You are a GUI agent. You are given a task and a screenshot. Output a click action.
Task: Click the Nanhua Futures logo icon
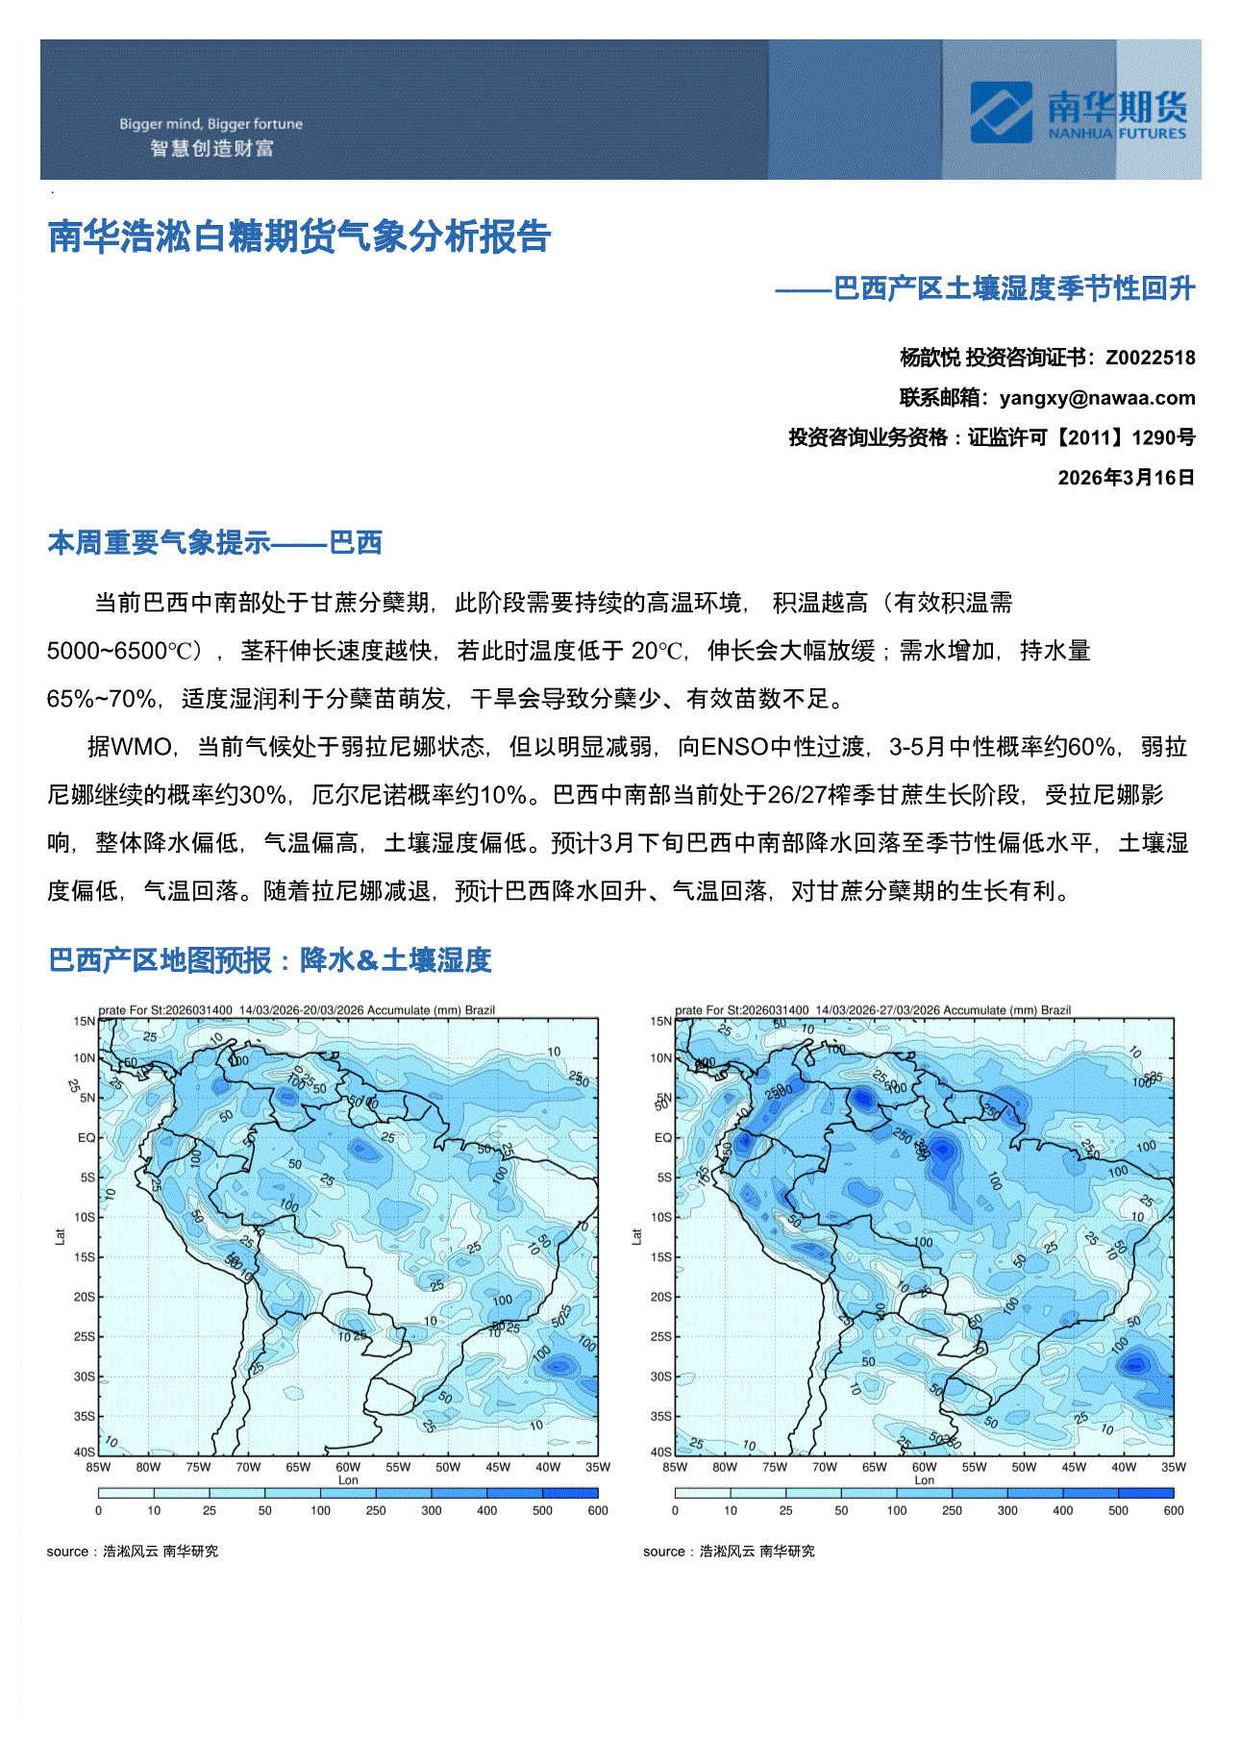tap(1001, 112)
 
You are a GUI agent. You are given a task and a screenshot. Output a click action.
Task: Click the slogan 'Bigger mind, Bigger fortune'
tap(211, 124)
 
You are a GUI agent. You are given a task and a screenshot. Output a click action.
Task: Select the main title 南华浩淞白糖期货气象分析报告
tap(299, 236)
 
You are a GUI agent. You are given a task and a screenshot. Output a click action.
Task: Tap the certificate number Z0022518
tap(1150, 358)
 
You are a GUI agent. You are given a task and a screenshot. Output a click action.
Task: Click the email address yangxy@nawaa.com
tap(1097, 398)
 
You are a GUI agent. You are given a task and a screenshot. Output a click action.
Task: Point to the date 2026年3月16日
tap(1126, 478)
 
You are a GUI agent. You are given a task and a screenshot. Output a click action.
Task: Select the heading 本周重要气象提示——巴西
tap(215, 543)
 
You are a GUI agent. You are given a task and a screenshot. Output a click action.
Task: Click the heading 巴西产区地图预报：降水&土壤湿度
tap(270, 959)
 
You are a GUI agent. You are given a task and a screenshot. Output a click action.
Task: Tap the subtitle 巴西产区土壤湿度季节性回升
tap(1013, 288)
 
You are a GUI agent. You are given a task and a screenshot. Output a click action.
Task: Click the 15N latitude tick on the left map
tap(85, 1021)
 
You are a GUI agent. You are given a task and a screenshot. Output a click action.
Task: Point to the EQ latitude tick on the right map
tap(662, 1137)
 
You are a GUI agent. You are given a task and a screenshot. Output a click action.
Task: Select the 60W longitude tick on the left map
tap(348, 1467)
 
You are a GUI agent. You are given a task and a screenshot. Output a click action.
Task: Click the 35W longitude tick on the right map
tap(1173, 1467)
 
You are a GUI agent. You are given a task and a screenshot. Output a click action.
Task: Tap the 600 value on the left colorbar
tap(597, 1510)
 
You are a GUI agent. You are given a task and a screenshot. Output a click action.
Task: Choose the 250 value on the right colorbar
tap(952, 1510)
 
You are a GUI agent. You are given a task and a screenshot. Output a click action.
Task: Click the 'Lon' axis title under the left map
tap(348, 1480)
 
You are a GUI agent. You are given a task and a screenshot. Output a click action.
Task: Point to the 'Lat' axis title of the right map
tap(636, 1236)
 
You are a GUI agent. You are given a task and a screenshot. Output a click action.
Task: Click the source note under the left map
tap(133, 1551)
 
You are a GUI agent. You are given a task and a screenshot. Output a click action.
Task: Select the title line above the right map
tap(872, 1010)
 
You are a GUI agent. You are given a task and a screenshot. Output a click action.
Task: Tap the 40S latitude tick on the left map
tap(85, 1452)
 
